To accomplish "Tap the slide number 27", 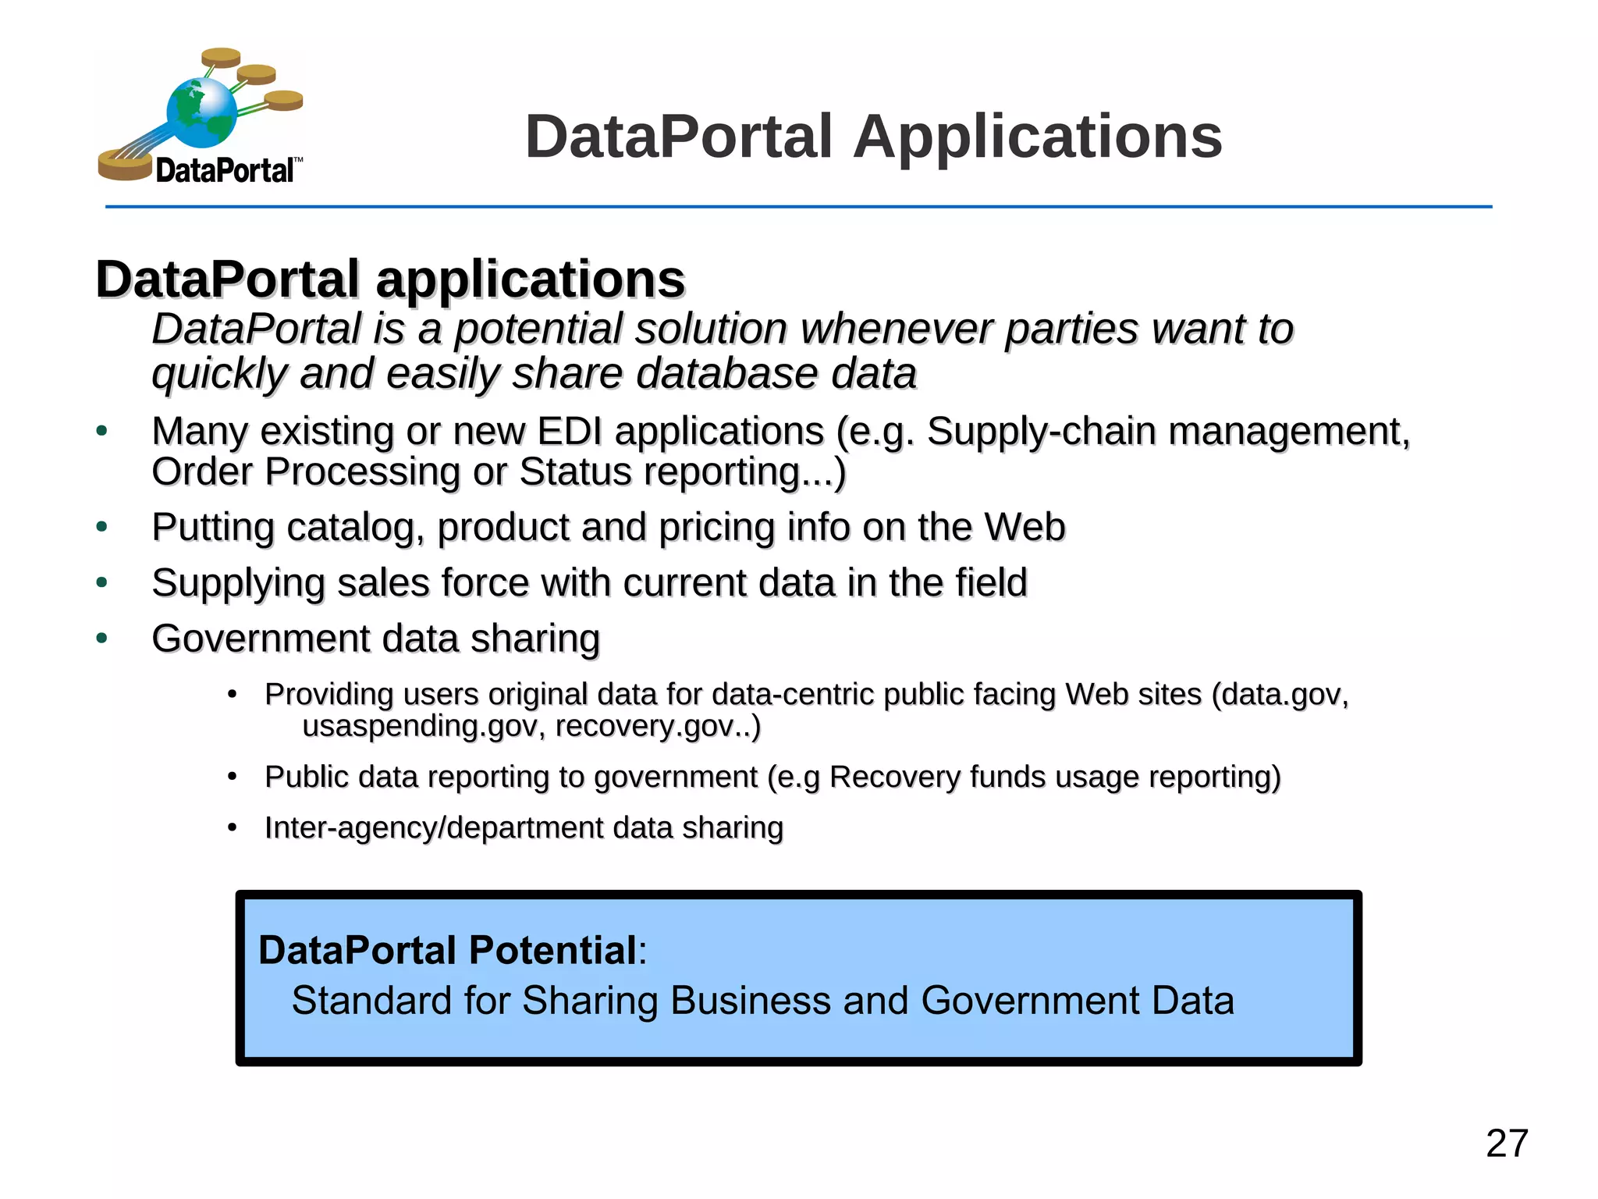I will pos(1506,1144).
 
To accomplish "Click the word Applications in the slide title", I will pos(1037,137).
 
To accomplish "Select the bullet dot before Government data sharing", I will pos(101,639).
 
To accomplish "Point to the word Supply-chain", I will pos(1041,432).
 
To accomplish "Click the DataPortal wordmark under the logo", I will pos(225,170).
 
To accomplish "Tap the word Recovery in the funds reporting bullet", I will pos(894,777).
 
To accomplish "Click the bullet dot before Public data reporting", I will pos(232,777).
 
